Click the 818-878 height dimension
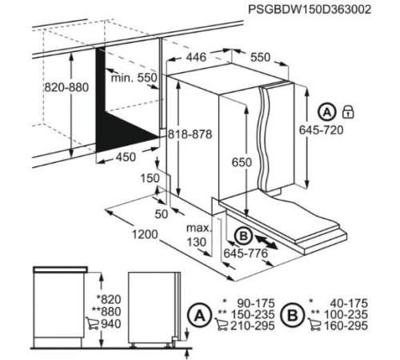click(x=190, y=135)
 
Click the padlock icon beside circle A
click(x=347, y=111)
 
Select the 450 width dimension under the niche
click(x=126, y=157)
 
